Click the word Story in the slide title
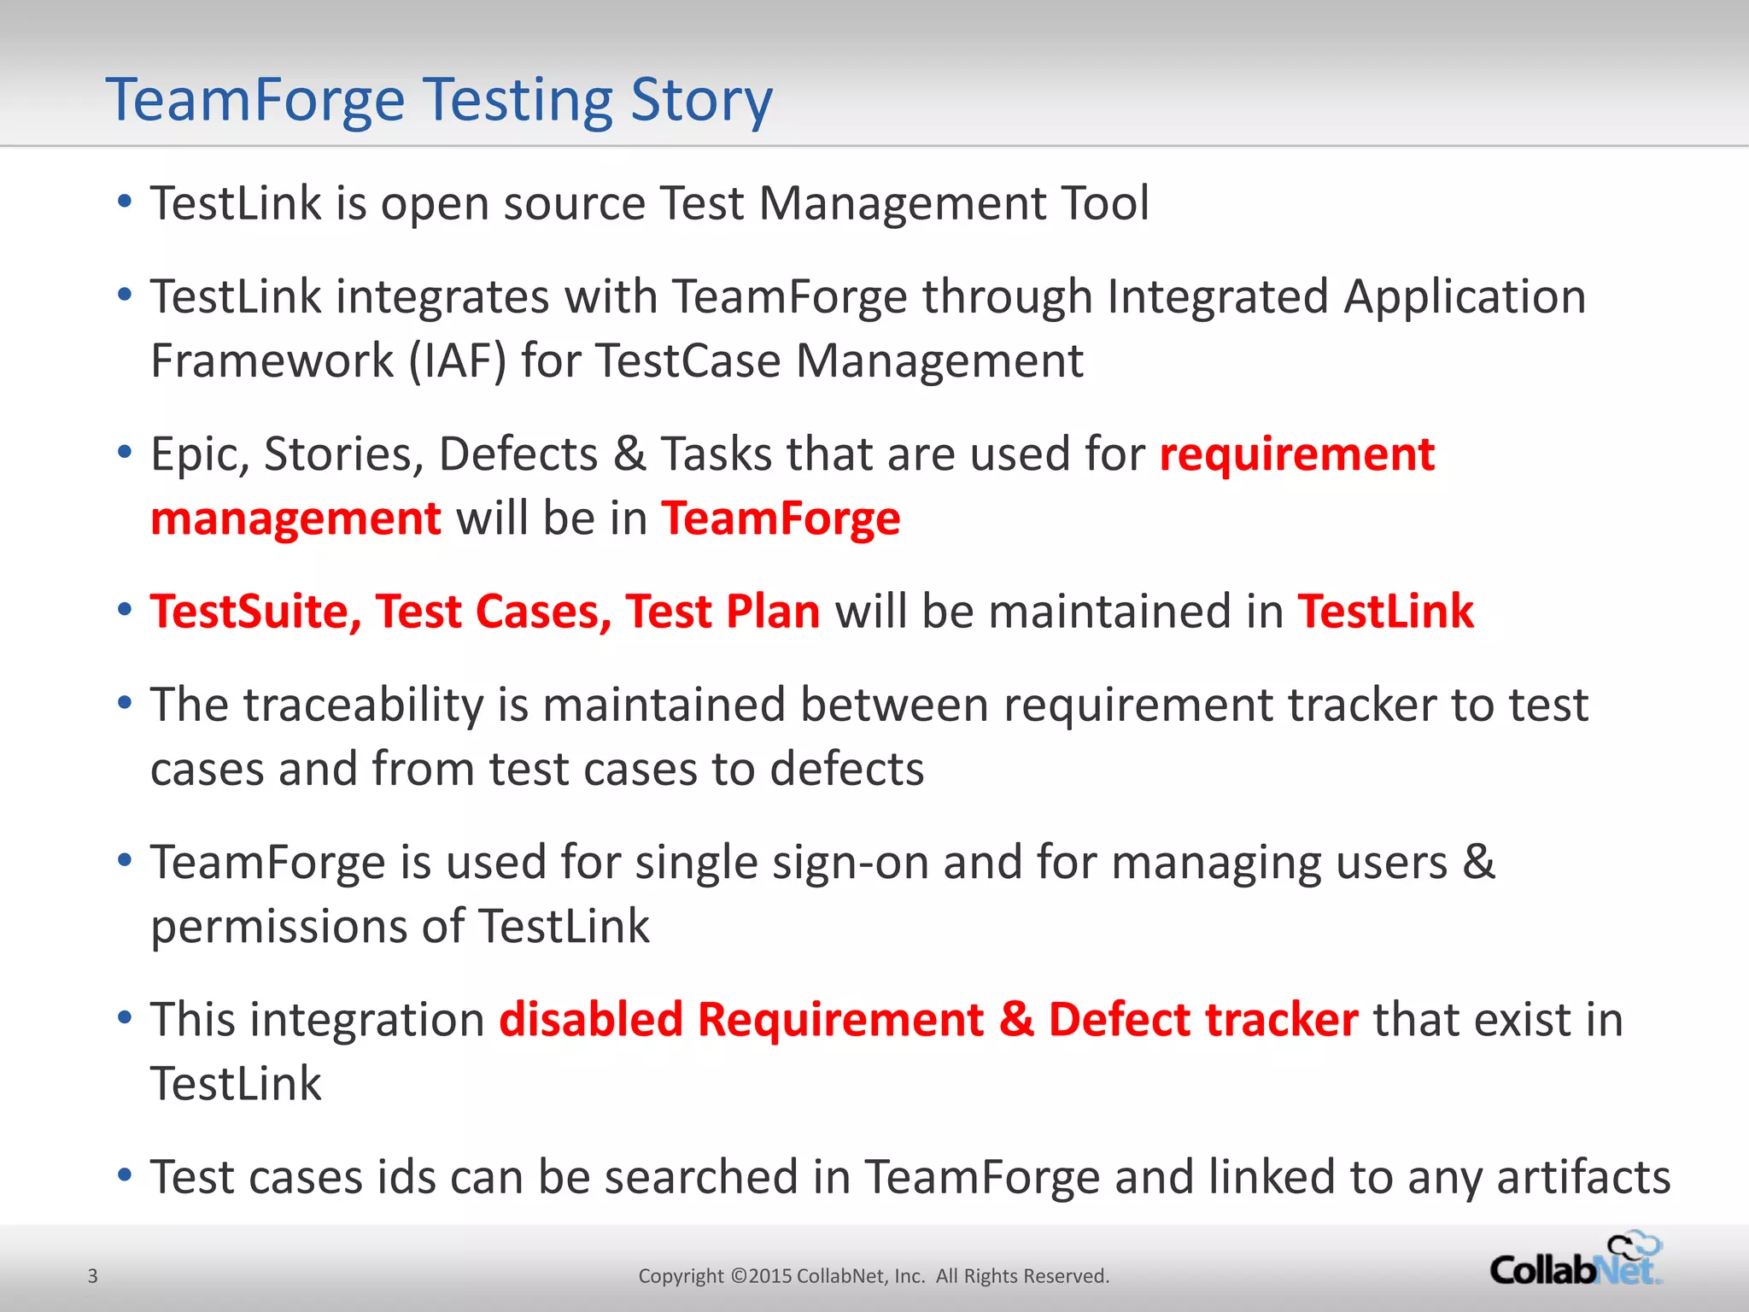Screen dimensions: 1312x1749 pos(701,101)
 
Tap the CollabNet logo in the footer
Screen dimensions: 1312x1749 pos(1576,1261)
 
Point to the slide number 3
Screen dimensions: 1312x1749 pos(93,1276)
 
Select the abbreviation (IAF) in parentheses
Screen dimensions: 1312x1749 pos(458,360)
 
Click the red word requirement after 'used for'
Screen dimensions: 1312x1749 pos(1296,454)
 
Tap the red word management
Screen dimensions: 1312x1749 pos(295,518)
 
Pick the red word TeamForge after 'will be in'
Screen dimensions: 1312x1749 pos(781,518)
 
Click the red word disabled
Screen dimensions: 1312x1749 pos(591,1019)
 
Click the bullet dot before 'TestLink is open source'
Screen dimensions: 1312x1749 pos(125,202)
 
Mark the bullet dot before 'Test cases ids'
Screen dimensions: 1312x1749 pos(125,1176)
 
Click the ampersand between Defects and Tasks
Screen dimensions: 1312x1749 pos(629,454)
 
